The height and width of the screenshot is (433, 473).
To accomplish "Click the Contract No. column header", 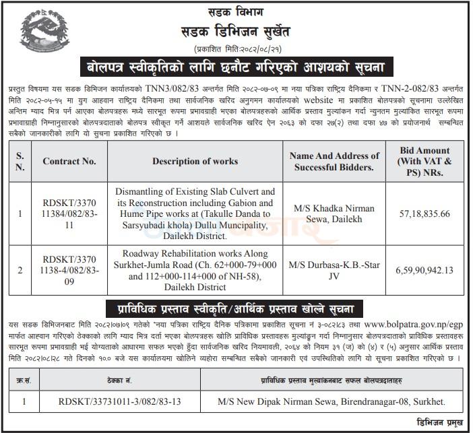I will (x=70, y=161).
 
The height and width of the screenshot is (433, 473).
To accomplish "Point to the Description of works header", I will (x=195, y=161).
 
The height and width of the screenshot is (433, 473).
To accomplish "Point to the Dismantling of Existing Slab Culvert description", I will (x=195, y=213).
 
